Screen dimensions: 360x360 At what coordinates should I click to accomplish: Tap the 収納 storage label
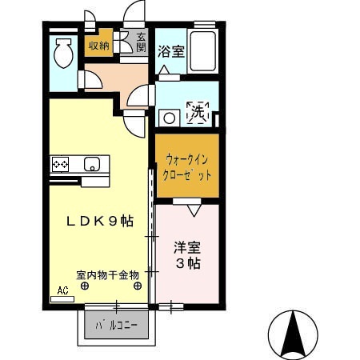99,46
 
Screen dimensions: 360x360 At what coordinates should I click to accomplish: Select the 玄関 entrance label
141,42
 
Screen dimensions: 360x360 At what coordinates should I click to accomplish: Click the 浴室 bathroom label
170,52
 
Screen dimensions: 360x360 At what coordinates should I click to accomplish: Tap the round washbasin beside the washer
168,118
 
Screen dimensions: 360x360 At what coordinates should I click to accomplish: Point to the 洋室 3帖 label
187,255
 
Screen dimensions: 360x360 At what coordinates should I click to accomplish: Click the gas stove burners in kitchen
61,164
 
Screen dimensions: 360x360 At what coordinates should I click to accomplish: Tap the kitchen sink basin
92,166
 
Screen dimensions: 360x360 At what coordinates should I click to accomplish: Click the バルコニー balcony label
116,326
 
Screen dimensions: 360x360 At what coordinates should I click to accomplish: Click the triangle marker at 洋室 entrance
194,210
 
